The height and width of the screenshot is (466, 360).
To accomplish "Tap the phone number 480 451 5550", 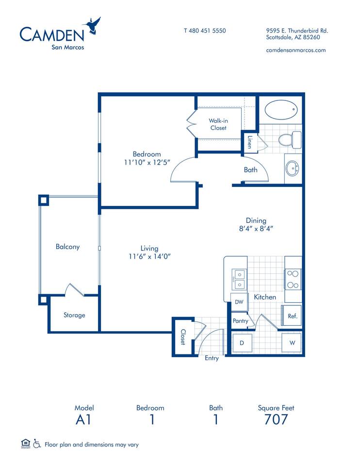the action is tap(207, 31).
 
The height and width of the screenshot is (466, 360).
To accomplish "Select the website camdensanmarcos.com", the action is tap(296, 50).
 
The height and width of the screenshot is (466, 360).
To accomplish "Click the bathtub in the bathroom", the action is tap(281, 110).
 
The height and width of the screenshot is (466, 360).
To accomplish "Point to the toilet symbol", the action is tap(290, 139).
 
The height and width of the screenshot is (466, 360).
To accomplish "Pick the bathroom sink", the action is tap(292, 169).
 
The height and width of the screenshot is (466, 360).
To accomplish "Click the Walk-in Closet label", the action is tap(218, 124).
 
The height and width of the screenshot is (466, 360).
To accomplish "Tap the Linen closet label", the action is tap(250, 142).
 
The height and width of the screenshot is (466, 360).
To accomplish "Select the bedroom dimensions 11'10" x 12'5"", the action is tap(147, 162).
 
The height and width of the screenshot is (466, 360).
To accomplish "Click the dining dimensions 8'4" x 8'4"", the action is tap(256, 229).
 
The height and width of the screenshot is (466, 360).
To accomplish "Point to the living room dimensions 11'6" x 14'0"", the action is tap(149, 256).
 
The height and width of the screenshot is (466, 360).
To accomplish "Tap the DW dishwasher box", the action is tap(239, 302).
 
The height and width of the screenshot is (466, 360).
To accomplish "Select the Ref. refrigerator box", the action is tap(292, 316).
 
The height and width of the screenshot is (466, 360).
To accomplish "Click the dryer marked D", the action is tap(242, 343).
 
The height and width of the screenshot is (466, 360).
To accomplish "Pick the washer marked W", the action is tap(292, 343).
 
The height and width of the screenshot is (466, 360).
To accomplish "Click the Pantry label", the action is tap(240, 321).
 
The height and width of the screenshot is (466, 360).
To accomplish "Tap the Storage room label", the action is tap(74, 315).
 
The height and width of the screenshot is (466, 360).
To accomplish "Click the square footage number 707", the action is tap(276, 419).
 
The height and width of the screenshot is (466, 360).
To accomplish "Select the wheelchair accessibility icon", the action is tap(37, 443).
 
